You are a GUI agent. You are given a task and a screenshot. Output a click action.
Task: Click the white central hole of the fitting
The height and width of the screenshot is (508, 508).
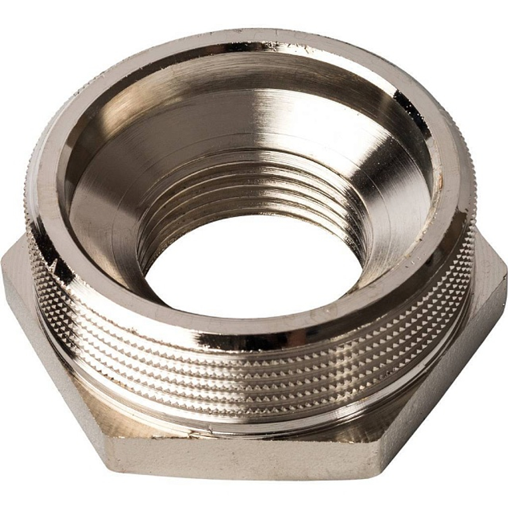click(x=254, y=264)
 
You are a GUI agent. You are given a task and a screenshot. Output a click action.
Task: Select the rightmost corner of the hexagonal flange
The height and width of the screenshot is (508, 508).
click(x=505, y=274)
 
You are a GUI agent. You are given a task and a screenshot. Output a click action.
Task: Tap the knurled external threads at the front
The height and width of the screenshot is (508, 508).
click(x=254, y=376)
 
